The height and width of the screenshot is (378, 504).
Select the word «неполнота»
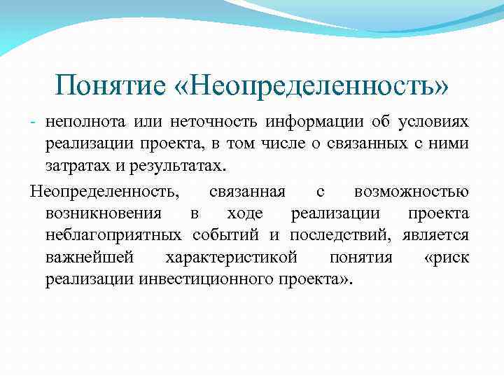click(x=85, y=122)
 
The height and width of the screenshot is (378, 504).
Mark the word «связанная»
click(x=246, y=190)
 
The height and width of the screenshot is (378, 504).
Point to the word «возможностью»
click(x=412, y=190)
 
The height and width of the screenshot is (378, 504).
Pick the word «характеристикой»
click(x=231, y=258)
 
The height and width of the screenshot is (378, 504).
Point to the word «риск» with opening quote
click(x=447, y=258)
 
